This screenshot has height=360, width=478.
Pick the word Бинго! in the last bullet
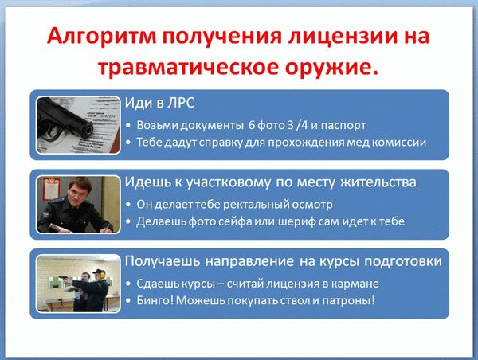157,300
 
